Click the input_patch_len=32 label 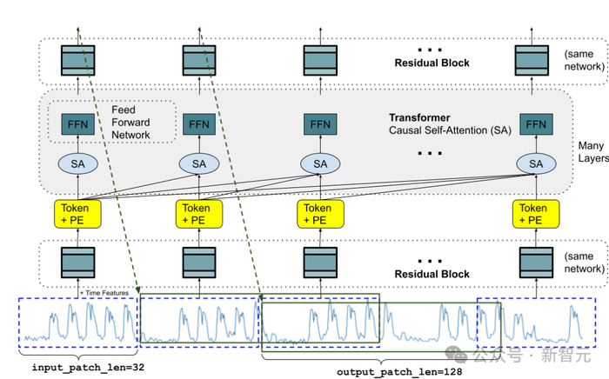77,368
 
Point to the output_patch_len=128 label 386,371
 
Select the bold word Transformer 419,116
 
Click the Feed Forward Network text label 130,123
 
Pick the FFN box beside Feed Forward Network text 77,124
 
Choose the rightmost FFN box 535,124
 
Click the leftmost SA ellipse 77,163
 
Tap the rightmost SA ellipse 535,163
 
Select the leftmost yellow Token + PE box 77,214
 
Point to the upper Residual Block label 432,63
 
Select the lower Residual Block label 432,274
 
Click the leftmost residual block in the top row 77,59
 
